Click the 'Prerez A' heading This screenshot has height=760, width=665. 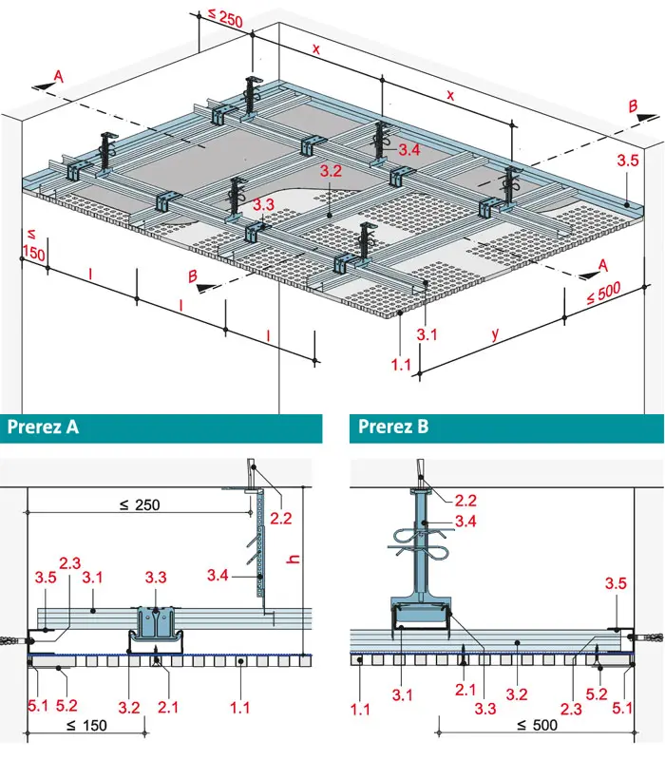[x=43, y=427]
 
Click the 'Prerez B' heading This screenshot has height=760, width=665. [x=393, y=427]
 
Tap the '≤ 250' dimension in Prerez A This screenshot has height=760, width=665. [x=140, y=505]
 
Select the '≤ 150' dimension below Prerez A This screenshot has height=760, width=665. [x=86, y=726]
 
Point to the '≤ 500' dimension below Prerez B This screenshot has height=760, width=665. [x=537, y=725]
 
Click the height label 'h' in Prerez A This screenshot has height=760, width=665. [x=294, y=559]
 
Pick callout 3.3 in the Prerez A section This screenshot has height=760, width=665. [x=156, y=578]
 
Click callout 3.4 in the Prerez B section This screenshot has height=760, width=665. [x=465, y=522]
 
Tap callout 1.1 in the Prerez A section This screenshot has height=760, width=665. [x=239, y=708]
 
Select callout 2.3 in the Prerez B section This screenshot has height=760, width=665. [x=571, y=709]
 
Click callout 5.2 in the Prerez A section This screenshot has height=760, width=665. [x=66, y=705]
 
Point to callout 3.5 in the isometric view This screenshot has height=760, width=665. [x=628, y=161]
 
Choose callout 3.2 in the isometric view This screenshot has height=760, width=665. [x=331, y=171]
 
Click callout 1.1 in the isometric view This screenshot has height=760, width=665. [x=401, y=365]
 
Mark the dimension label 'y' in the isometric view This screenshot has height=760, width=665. [x=495, y=333]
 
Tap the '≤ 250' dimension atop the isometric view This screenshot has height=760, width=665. [x=225, y=17]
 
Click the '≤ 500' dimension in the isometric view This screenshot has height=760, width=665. [x=603, y=293]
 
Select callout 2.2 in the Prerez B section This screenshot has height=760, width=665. [x=465, y=501]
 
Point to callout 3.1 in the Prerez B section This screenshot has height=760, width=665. [x=402, y=695]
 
